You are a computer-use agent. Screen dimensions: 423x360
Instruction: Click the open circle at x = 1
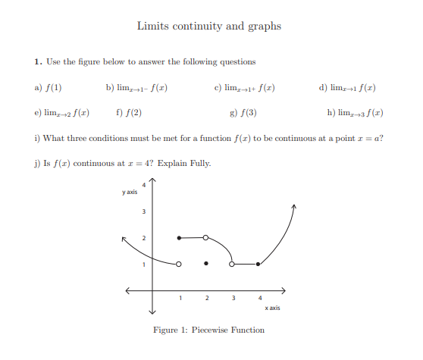click(179, 265)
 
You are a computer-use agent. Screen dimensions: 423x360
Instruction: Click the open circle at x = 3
click(232, 265)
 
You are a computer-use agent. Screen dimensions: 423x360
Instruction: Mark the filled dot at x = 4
click(258, 265)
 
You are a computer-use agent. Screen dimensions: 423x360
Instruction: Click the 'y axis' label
click(130, 193)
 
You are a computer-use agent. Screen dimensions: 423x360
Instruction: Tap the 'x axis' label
click(273, 308)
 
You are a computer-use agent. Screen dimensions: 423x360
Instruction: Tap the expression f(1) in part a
click(53, 88)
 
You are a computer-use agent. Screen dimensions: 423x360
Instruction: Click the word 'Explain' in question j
click(175, 163)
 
